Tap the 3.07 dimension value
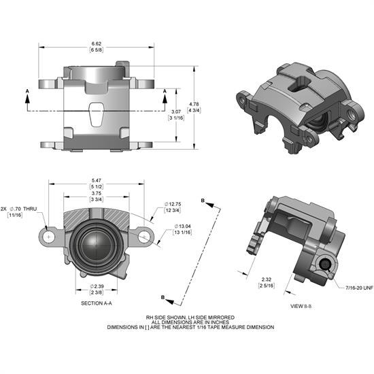click(175, 111)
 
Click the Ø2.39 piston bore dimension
click(96, 286)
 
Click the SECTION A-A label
click(96, 303)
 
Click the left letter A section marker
click(27, 90)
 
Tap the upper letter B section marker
click(203, 199)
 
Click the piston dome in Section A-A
click(96, 243)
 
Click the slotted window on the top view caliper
click(96, 115)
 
